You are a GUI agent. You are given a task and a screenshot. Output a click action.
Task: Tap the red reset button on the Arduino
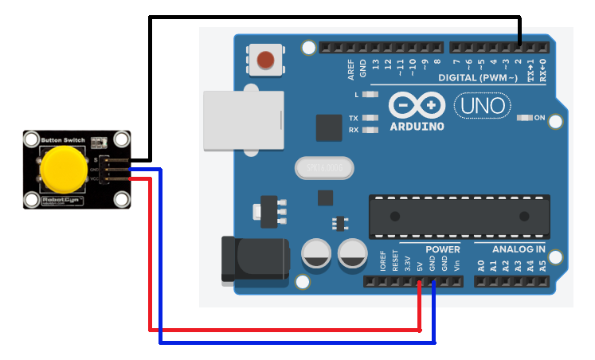(264, 59)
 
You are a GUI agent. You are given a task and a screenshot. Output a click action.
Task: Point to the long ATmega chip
(459, 216)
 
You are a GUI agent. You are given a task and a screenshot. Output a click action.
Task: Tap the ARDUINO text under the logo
(417, 126)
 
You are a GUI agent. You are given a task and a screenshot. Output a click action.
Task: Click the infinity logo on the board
(417, 105)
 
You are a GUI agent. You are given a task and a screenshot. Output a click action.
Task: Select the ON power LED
(525, 118)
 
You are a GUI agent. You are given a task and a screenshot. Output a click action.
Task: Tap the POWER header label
(442, 249)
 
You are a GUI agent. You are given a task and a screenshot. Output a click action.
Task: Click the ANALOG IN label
(519, 249)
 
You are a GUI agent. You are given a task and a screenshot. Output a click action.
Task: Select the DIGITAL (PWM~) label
(478, 78)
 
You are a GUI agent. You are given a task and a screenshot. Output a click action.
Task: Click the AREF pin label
(350, 69)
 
